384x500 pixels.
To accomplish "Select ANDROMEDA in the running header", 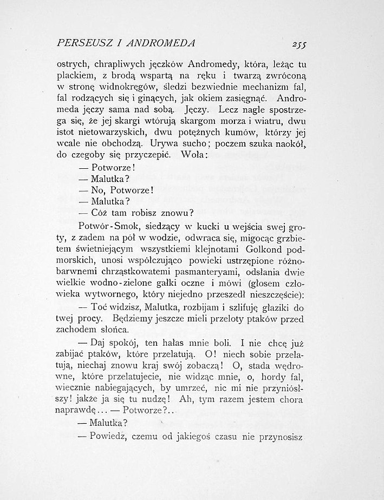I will pyautogui.click(x=168, y=42).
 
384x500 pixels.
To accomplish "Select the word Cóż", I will pyautogui.click(x=100, y=212).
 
